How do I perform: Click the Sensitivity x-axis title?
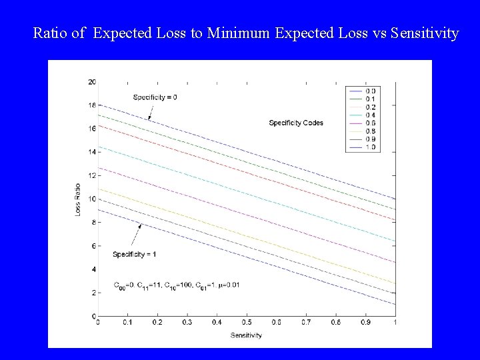coord(247,335)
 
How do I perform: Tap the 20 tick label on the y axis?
coord(92,82)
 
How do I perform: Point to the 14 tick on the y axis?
coord(92,152)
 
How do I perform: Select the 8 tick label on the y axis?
coord(93,223)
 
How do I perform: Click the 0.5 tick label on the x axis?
coord(247,323)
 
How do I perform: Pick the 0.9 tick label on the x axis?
coord(365,323)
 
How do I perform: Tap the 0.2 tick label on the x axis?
coord(157,323)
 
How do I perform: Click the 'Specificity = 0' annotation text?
coord(155,97)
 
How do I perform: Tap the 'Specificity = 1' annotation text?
coord(134,254)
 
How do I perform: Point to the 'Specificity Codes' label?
coord(295,123)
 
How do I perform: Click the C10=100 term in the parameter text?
coord(177,285)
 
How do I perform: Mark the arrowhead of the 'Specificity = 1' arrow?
coord(139,226)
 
